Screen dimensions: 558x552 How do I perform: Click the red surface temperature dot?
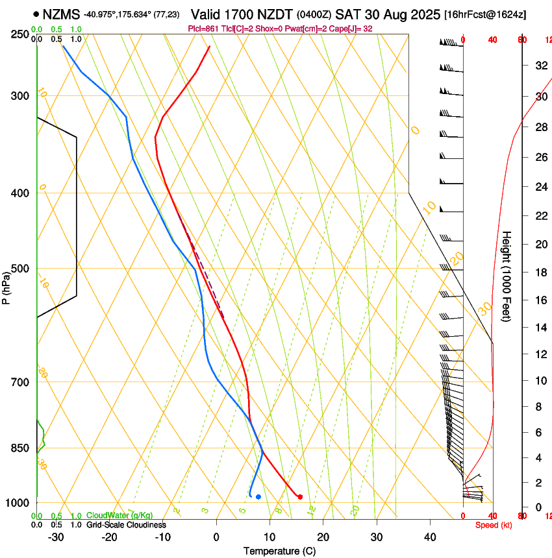click(x=300, y=497)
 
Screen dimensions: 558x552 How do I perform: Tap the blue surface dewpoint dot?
click(x=258, y=497)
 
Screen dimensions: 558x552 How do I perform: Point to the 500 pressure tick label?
click(x=20, y=269)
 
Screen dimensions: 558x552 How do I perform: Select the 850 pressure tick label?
click(x=20, y=448)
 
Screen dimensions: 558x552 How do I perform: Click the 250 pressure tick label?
click(x=20, y=34)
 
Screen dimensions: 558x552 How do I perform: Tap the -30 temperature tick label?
click(x=56, y=537)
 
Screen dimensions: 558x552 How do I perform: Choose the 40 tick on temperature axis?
click(x=429, y=537)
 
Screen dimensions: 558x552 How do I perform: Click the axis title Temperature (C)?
click(x=279, y=551)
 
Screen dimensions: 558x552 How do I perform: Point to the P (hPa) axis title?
click(x=6, y=286)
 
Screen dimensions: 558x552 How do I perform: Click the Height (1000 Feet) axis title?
click(x=507, y=276)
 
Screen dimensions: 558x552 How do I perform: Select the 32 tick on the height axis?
click(x=540, y=66)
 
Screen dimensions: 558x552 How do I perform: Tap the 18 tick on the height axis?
click(x=540, y=272)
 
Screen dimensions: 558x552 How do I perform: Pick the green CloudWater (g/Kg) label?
click(x=119, y=516)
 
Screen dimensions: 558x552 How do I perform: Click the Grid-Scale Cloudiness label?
click(x=126, y=525)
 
